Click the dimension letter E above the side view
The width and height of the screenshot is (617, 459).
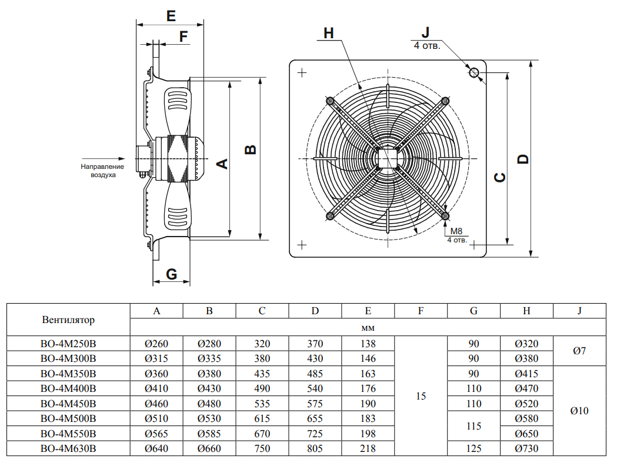[171, 16]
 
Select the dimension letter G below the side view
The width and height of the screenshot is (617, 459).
[171, 274]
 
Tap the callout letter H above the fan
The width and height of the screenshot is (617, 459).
[329, 33]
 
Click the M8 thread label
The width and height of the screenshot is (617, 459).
[456, 231]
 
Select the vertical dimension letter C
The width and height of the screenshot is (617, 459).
[499, 177]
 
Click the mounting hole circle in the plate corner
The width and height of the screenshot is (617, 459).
[474, 73]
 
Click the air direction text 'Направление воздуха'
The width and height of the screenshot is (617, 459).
[102, 171]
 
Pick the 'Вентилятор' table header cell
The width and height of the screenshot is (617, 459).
[68, 320]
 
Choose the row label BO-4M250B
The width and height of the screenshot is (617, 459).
[68, 344]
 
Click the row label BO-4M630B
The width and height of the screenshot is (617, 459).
[68, 449]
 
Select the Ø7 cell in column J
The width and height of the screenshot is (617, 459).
[579, 351]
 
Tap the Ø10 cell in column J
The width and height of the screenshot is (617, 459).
[579, 411]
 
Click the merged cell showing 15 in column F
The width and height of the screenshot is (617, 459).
[421, 396]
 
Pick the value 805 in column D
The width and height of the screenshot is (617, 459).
[315, 449]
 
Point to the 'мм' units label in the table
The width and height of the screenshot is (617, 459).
[368, 327]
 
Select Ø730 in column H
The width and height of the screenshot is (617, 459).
[526, 449]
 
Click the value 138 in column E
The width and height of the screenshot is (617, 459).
[368, 344]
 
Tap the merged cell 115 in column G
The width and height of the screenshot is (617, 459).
[473, 427]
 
